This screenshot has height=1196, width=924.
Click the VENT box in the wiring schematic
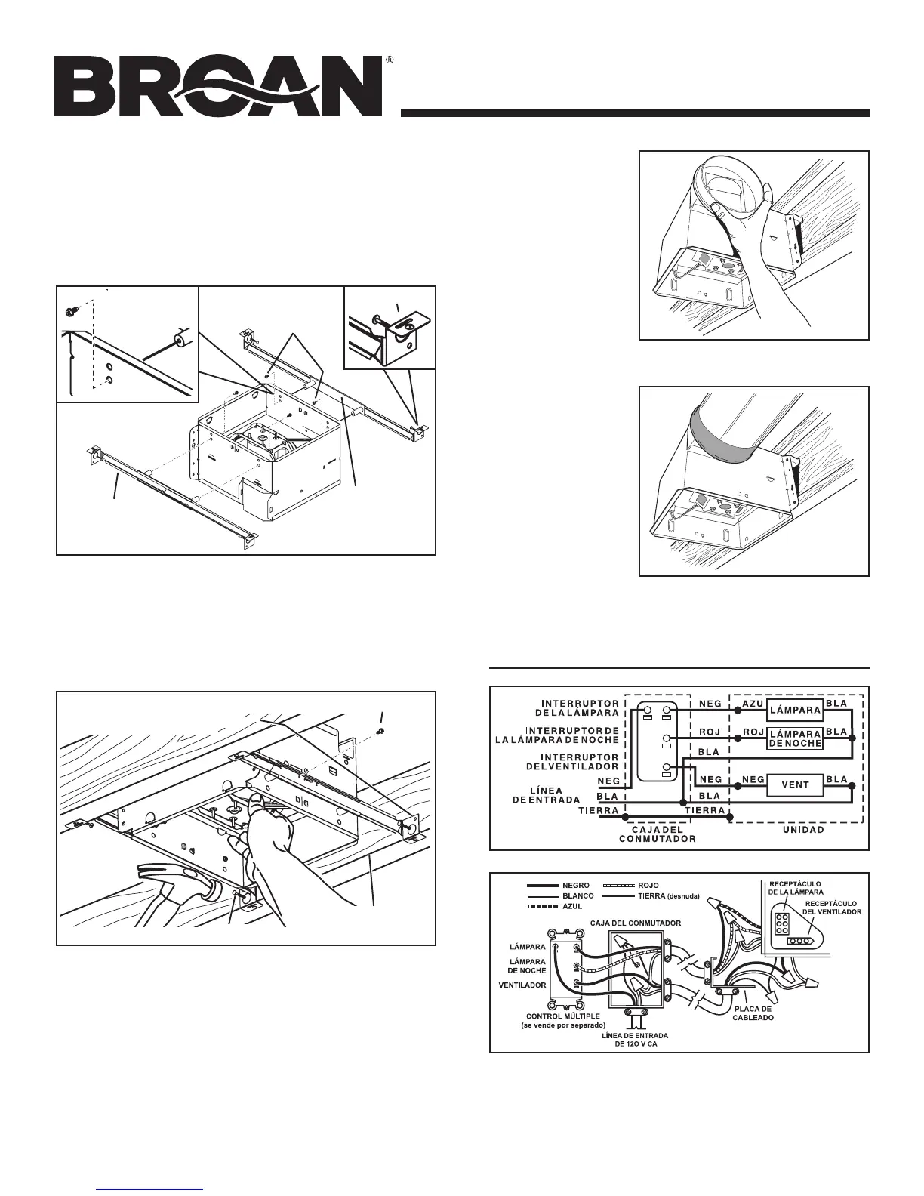(x=796, y=786)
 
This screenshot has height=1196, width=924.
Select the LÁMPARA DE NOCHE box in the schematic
(x=796, y=738)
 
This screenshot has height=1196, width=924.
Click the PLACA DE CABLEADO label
(x=753, y=1012)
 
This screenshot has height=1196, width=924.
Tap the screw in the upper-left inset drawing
(x=72, y=310)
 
